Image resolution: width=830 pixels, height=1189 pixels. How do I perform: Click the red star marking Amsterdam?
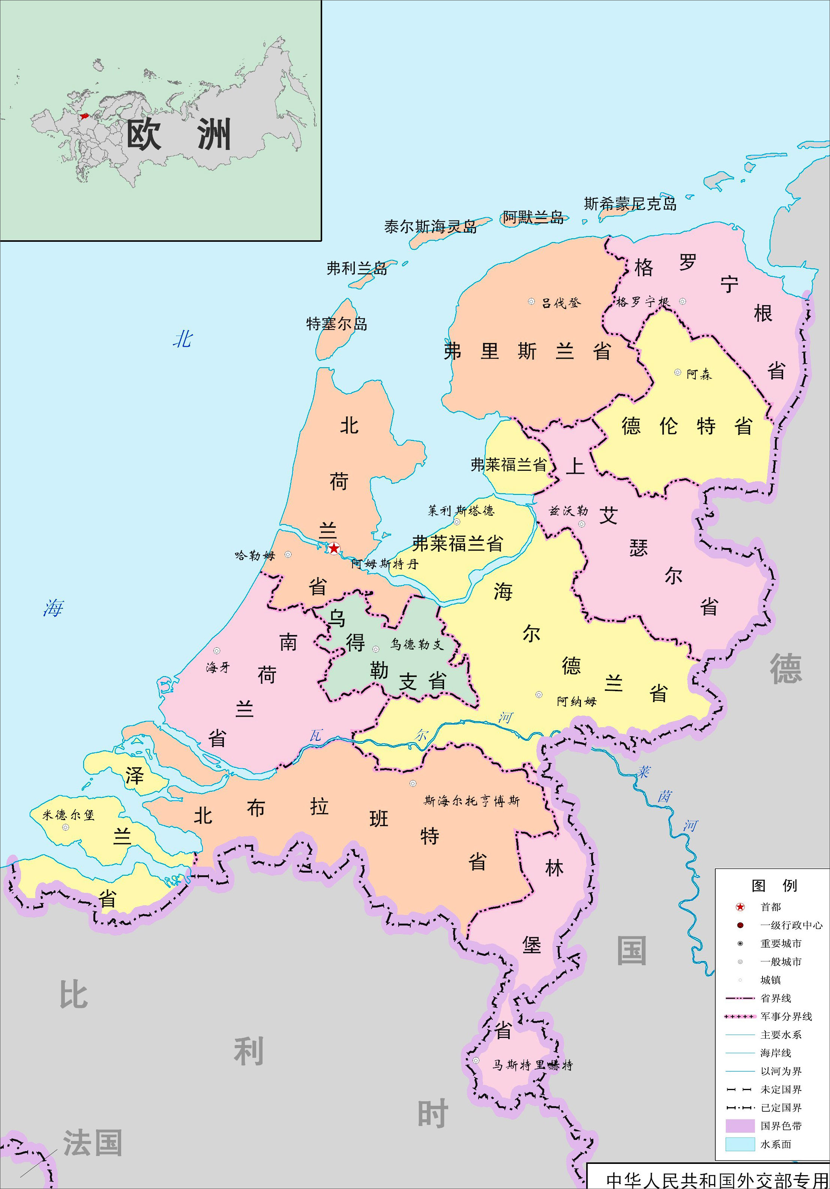[x=334, y=548]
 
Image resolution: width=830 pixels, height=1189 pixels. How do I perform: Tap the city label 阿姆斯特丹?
[x=384, y=564]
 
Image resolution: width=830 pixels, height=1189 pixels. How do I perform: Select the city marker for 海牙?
[x=216, y=650]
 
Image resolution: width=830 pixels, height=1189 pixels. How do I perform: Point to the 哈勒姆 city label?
[x=255, y=556]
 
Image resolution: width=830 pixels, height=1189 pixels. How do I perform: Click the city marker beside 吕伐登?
[x=531, y=301]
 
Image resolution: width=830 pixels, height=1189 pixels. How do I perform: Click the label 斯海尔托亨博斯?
[x=471, y=801]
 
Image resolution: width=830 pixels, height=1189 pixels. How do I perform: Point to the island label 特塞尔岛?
[x=337, y=324]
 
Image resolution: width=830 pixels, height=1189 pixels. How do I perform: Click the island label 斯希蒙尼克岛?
[x=630, y=204]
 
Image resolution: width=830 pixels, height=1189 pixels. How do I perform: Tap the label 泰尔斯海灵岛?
[x=430, y=227]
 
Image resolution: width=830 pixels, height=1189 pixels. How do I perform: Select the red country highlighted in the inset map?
[x=84, y=116]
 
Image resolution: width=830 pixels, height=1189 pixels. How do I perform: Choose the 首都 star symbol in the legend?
[x=740, y=907]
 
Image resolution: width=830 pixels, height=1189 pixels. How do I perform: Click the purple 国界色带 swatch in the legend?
[x=740, y=1126]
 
